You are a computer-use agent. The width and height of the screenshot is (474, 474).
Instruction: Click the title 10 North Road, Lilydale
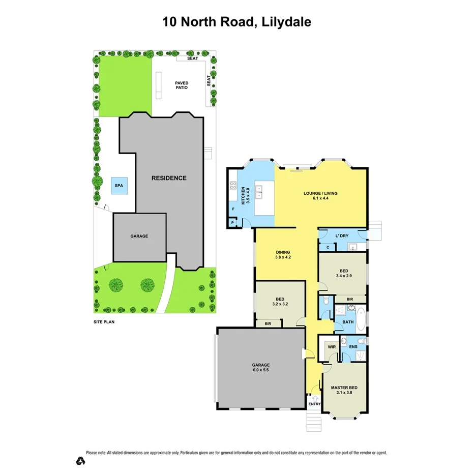[x=236, y=21]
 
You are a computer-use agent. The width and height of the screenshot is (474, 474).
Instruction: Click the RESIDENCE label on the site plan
[x=169, y=178]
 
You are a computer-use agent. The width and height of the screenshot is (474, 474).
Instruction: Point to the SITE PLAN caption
[x=104, y=322]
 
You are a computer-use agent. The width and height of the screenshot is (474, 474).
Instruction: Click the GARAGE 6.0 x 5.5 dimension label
[x=260, y=368]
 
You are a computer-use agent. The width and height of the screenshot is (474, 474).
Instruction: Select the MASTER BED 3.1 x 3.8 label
[x=344, y=390]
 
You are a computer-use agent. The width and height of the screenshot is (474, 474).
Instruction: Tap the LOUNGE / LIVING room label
[x=320, y=196]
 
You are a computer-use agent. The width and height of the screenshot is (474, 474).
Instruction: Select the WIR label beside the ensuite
[x=332, y=347]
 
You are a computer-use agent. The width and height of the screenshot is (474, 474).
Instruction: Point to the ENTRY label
[x=314, y=404]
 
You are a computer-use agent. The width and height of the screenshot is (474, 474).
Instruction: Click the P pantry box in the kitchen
[x=232, y=223]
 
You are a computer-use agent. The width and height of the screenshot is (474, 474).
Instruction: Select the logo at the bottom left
[x=80, y=460]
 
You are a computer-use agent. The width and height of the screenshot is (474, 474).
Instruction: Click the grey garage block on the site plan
[x=139, y=236]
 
